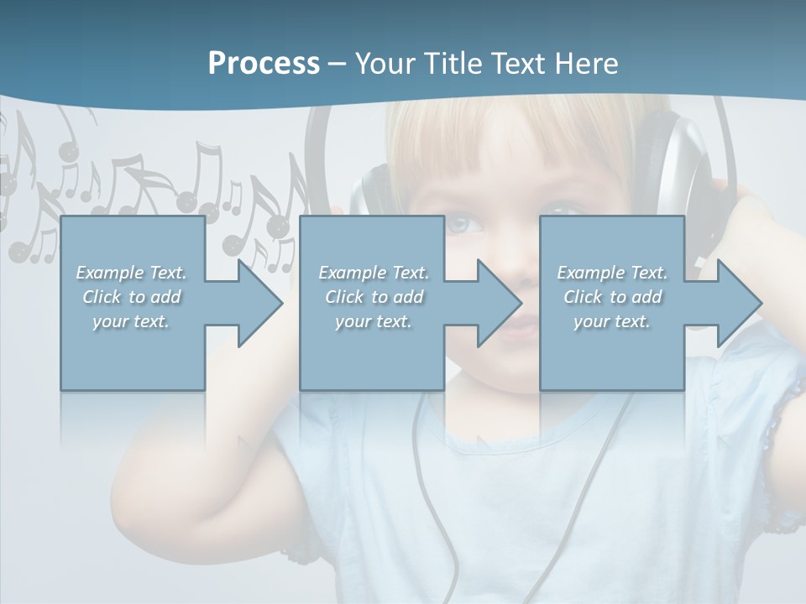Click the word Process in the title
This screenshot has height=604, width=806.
click(264, 64)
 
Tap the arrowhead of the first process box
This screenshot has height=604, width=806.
click(260, 303)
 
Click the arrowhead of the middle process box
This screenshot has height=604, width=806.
click(500, 303)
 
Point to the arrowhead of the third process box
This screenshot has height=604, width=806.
click(740, 303)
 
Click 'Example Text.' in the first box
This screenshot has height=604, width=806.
click(131, 273)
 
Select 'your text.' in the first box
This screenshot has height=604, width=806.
click(131, 321)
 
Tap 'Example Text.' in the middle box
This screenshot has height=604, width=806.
click(374, 273)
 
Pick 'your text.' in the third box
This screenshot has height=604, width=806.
click(612, 321)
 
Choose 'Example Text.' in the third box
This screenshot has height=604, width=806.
click(612, 273)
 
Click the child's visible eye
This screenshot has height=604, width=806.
click(464, 225)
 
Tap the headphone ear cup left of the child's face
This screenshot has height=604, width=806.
click(369, 193)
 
